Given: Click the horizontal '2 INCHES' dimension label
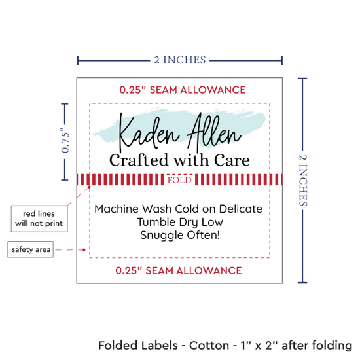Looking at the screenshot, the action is (x=180, y=60).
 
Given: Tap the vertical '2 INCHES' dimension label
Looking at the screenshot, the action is (x=303, y=181).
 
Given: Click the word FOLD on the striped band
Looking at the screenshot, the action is (x=179, y=180).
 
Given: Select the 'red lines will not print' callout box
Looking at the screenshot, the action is (x=39, y=219).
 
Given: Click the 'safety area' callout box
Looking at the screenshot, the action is (x=31, y=249).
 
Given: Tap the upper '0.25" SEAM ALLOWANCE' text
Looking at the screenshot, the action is (x=183, y=90).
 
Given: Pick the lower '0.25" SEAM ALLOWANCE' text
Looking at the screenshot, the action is (x=179, y=271).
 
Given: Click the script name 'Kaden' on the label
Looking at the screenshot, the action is (x=149, y=133).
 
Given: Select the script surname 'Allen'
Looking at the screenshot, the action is (x=214, y=131).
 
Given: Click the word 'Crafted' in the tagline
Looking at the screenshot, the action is (x=139, y=160).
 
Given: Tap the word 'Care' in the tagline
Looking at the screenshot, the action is (x=232, y=160).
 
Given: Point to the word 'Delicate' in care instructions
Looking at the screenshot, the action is (x=241, y=209).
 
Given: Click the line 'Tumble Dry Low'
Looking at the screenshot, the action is (x=180, y=223).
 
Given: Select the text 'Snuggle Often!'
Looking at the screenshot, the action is (x=180, y=236).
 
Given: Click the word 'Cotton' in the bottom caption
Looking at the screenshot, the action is (x=209, y=346).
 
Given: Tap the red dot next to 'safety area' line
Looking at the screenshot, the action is (x=84, y=249).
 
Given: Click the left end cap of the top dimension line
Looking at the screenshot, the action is (x=78, y=60).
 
